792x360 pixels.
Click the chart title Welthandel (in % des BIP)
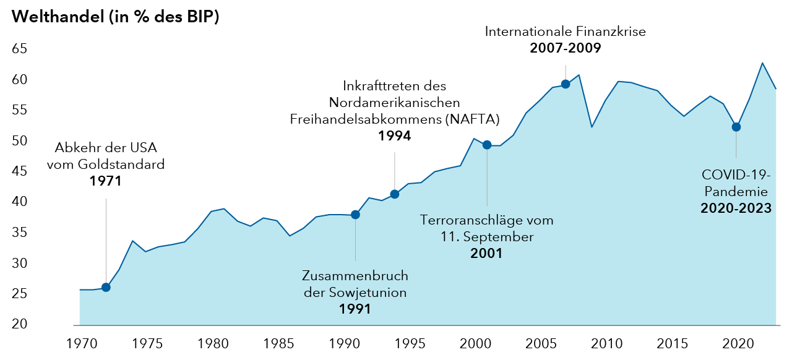point(115,17)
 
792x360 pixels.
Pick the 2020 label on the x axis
point(737,342)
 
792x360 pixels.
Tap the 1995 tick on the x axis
point(408,342)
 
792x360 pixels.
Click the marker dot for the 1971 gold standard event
point(106,287)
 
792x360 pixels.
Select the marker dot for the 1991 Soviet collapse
point(355,215)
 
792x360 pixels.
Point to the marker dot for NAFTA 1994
point(395,194)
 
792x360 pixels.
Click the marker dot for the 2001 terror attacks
point(487,145)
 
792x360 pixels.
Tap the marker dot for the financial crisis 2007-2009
point(565,84)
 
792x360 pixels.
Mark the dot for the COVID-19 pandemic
point(736,127)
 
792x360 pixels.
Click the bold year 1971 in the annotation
point(105,181)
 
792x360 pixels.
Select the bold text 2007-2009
point(566,48)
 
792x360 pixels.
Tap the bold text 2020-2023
point(736,208)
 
